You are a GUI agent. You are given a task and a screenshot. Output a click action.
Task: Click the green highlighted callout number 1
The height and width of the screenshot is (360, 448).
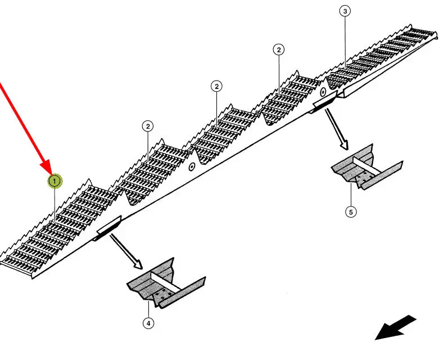click(55, 181)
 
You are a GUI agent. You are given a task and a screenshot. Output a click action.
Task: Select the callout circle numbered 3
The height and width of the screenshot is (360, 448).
click(345, 11)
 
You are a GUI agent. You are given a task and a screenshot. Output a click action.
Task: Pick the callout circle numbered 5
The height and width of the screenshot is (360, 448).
click(351, 212)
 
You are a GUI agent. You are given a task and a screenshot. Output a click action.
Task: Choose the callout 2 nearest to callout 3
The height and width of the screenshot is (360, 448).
click(279, 49)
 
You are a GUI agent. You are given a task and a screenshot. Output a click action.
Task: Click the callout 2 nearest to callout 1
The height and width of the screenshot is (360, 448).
click(148, 126)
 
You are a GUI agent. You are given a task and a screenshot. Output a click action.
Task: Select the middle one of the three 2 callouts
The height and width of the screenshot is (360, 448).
click(217, 86)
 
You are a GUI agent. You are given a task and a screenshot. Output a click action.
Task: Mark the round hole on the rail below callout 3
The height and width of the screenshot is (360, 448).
click(323, 92)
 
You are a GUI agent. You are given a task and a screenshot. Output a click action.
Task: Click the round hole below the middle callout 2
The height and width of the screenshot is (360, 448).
click(191, 166)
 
